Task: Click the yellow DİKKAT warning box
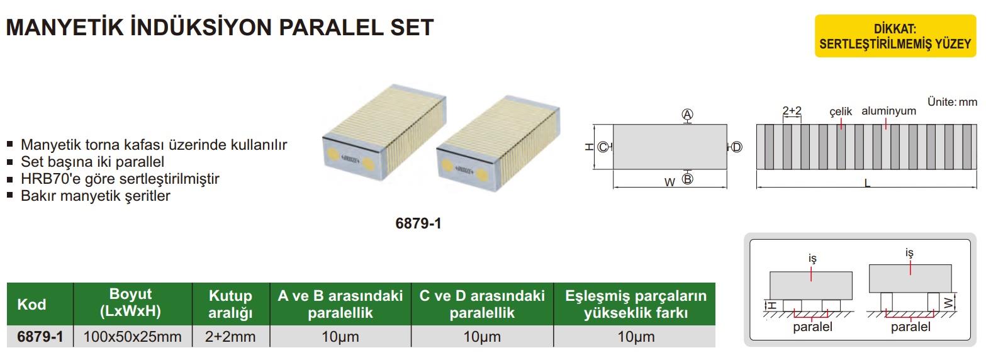895,36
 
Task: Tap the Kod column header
31,304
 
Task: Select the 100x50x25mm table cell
133,337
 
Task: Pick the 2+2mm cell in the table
230,337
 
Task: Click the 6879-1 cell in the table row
40,337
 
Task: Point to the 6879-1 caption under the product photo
418,223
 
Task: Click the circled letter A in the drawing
688,115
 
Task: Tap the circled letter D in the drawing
736,147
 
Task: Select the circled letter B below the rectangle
688,179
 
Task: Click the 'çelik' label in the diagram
841,112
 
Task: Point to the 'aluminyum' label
888,111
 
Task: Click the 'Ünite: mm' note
952,102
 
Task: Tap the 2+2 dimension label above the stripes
792,111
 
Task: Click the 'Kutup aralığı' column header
230,304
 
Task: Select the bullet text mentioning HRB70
120,179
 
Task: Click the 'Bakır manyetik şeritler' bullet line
96,196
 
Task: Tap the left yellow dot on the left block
333,154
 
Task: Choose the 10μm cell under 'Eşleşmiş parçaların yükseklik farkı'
636,337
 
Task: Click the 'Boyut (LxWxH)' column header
131,302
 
